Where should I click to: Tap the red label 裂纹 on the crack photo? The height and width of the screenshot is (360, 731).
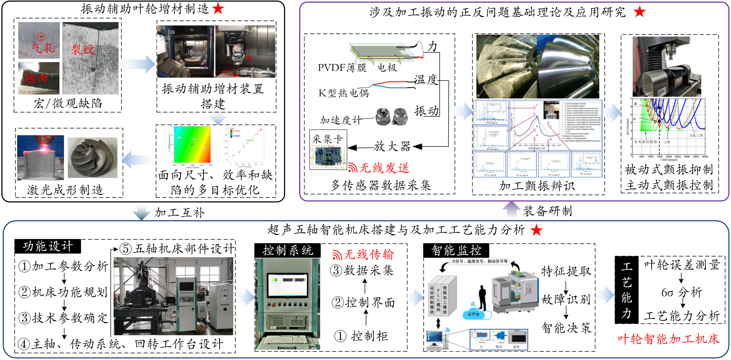83,50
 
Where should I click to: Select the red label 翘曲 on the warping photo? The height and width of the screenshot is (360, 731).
36,78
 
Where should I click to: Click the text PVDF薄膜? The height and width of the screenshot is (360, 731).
342,68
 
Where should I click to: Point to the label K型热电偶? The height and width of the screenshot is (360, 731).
343,93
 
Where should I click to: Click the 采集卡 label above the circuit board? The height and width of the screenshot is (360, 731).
327,139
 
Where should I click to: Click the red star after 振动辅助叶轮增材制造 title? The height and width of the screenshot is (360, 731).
218,8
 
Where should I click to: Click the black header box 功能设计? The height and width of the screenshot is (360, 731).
48,246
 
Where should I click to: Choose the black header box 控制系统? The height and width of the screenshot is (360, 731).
288,250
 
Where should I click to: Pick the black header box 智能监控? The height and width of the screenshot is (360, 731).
456,250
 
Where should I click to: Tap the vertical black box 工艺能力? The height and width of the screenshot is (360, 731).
626,290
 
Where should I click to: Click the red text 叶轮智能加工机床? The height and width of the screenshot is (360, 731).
668,339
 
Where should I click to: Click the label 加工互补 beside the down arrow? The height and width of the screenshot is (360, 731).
180,213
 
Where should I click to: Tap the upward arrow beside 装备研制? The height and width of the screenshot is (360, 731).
511,210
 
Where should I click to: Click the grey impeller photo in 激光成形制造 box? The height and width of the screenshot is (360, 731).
93,157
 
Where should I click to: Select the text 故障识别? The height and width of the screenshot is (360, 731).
566,299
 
